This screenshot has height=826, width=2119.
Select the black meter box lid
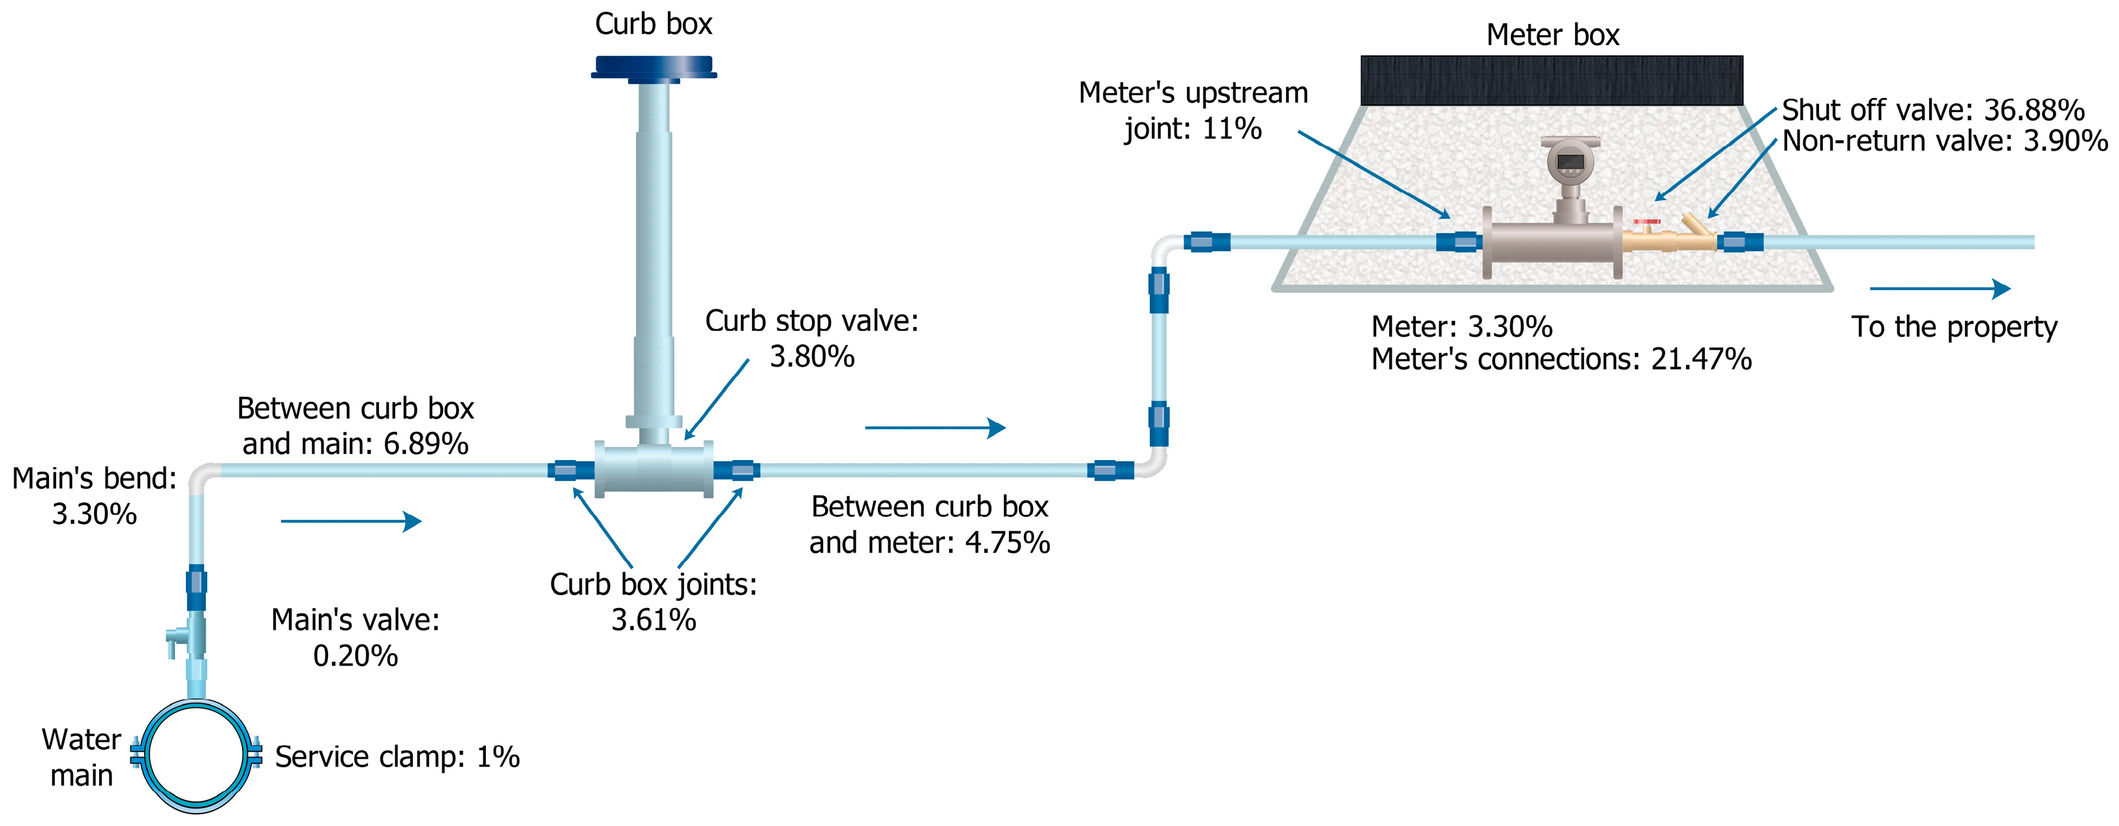pos(1552,81)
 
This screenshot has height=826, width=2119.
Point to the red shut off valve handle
pos(1647,221)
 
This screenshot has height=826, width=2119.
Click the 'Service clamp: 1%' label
pos(397,757)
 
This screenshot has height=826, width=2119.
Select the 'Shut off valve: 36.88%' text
pos(1932,110)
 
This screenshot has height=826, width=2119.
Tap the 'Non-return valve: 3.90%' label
pos(1945,142)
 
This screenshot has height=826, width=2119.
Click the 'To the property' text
pos(1953,328)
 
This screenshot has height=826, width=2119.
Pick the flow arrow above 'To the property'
pos(1939,289)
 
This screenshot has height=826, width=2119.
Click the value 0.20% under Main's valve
pos(355,656)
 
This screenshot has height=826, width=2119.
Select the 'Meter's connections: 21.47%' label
pos(1561,359)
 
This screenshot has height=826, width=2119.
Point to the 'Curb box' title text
pos(653,24)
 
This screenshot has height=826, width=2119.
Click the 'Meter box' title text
pos(1552,35)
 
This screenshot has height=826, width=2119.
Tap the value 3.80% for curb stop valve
pos(812,357)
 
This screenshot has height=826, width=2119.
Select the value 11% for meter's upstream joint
pos(1231,129)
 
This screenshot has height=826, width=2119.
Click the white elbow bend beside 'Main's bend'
pos(202,476)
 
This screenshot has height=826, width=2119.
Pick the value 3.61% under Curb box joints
pos(653,620)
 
